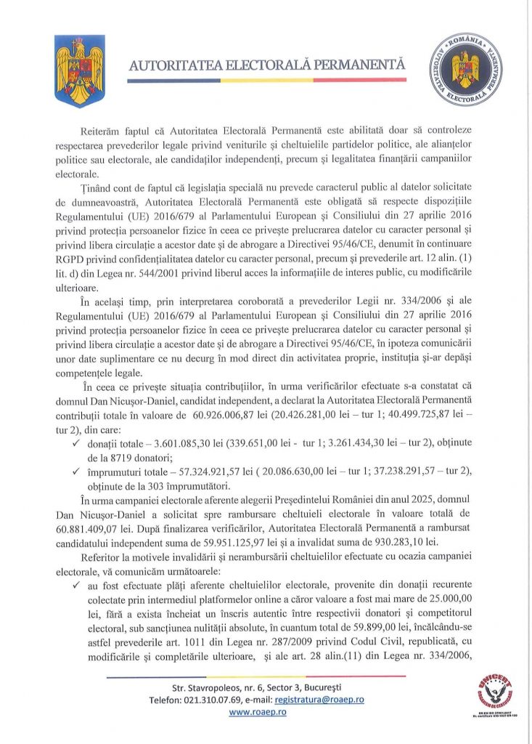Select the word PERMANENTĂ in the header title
pos(362,66)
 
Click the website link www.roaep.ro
pos(258,713)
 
